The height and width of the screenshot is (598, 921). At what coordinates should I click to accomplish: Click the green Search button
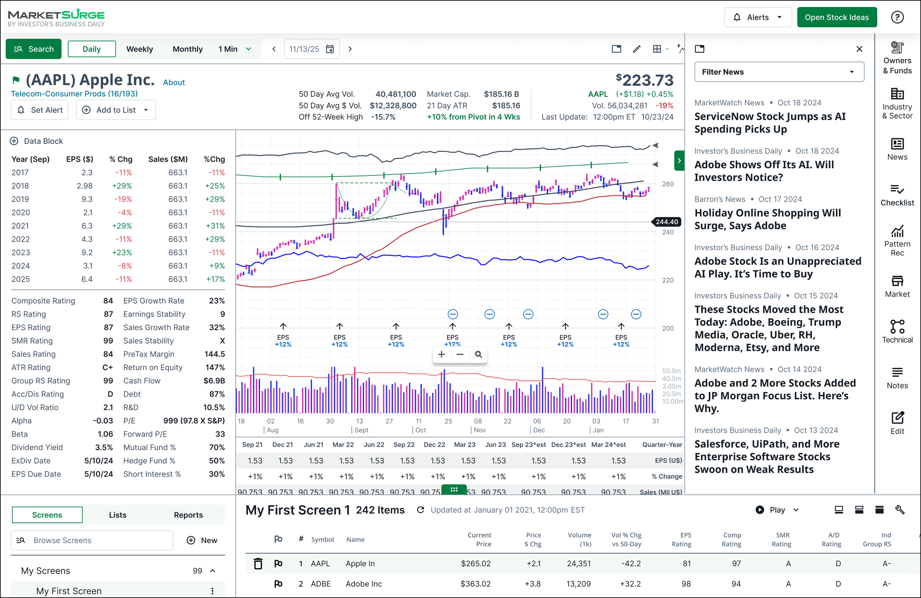(x=34, y=49)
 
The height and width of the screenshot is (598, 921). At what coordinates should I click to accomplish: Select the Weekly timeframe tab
(x=139, y=49)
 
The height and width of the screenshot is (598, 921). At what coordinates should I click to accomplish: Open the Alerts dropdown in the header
(x=758, y=17)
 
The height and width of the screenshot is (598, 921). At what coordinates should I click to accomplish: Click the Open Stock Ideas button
(x=837, y=17)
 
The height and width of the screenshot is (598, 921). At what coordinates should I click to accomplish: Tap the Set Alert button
(x=40, y=110)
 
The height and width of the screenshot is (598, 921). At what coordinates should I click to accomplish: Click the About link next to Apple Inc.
(x=174, y=83)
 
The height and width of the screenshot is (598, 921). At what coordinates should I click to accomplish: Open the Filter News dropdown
(x=779, y=72)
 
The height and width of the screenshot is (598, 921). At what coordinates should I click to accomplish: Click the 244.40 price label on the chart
(x=667, y=222)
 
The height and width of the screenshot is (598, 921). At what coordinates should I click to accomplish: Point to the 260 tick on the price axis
(x=668, y=184)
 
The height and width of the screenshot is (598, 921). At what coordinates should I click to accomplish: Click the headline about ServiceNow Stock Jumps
(x=770, y=123)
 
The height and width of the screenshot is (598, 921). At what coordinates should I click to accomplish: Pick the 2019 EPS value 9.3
(x=87, y=199)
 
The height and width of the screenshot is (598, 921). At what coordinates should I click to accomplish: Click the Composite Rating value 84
(x=108, y=301)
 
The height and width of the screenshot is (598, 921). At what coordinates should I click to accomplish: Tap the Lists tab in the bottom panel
(x=118, y=515)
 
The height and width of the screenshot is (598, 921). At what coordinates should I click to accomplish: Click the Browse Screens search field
(x=92, y=540)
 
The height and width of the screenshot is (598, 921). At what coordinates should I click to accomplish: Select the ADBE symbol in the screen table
(x=321, y=584)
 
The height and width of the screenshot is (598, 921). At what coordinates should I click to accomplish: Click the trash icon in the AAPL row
(x=258, y=564)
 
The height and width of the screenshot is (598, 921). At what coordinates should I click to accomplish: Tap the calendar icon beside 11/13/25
(x=330, y=49)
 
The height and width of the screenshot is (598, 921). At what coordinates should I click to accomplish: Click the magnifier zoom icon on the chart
(x=478, y=354)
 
